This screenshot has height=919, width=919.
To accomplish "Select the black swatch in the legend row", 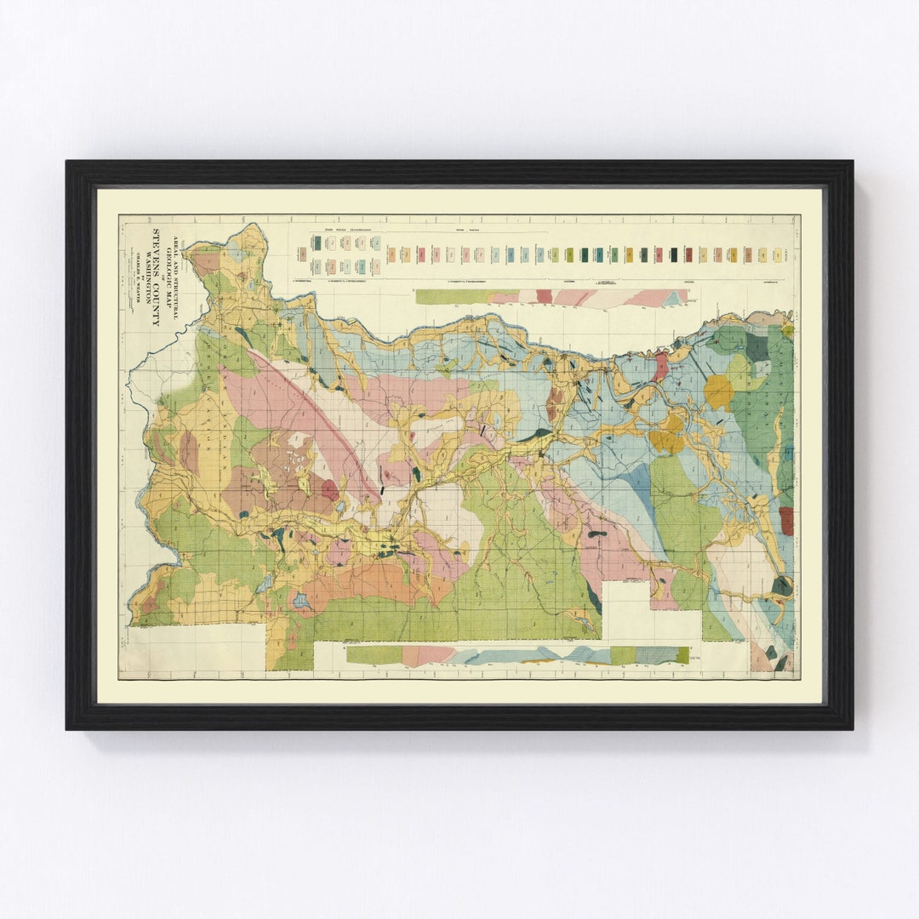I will [674, 254].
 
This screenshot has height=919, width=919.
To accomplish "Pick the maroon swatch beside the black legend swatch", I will [688, 254].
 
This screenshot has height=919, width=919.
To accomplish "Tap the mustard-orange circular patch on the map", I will [718, 391].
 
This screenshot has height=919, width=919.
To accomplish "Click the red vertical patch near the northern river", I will [660, 367].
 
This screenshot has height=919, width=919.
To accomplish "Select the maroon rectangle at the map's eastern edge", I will [786, 521].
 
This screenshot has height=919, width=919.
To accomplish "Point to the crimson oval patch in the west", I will [329, 489].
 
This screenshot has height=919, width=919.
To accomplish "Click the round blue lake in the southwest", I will [300, 601].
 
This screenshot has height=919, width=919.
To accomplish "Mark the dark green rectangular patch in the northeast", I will [756, 347].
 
